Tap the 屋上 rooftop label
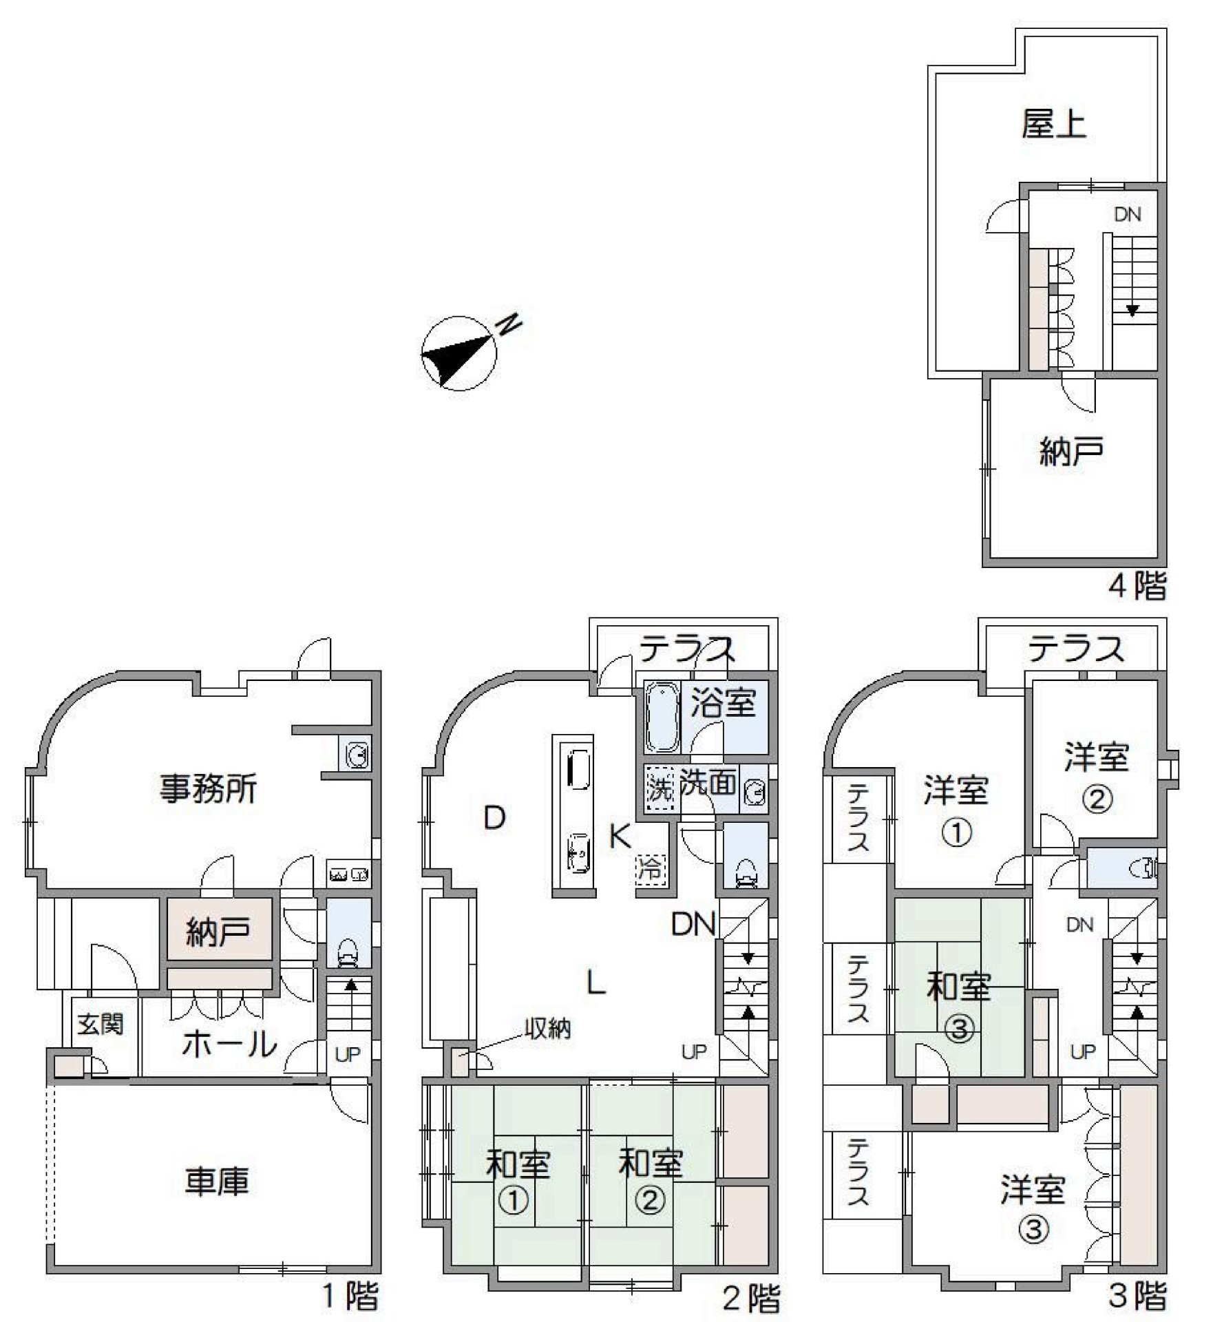tap(1053, 125)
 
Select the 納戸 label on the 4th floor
tap(1070, 451)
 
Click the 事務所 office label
tap(208, 788)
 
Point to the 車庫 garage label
tap(216, 1180)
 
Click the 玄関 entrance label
tap(101, 1025)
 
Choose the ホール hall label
tap(229, 1044)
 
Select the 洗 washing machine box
tap(660, 790)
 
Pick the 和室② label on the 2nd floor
tap(650, 1182)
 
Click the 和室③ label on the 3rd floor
tap(959, 1007)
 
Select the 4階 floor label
tap(1137, 586)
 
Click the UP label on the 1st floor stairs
tap(348, 1054)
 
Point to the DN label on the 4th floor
tap(1128, 214)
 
